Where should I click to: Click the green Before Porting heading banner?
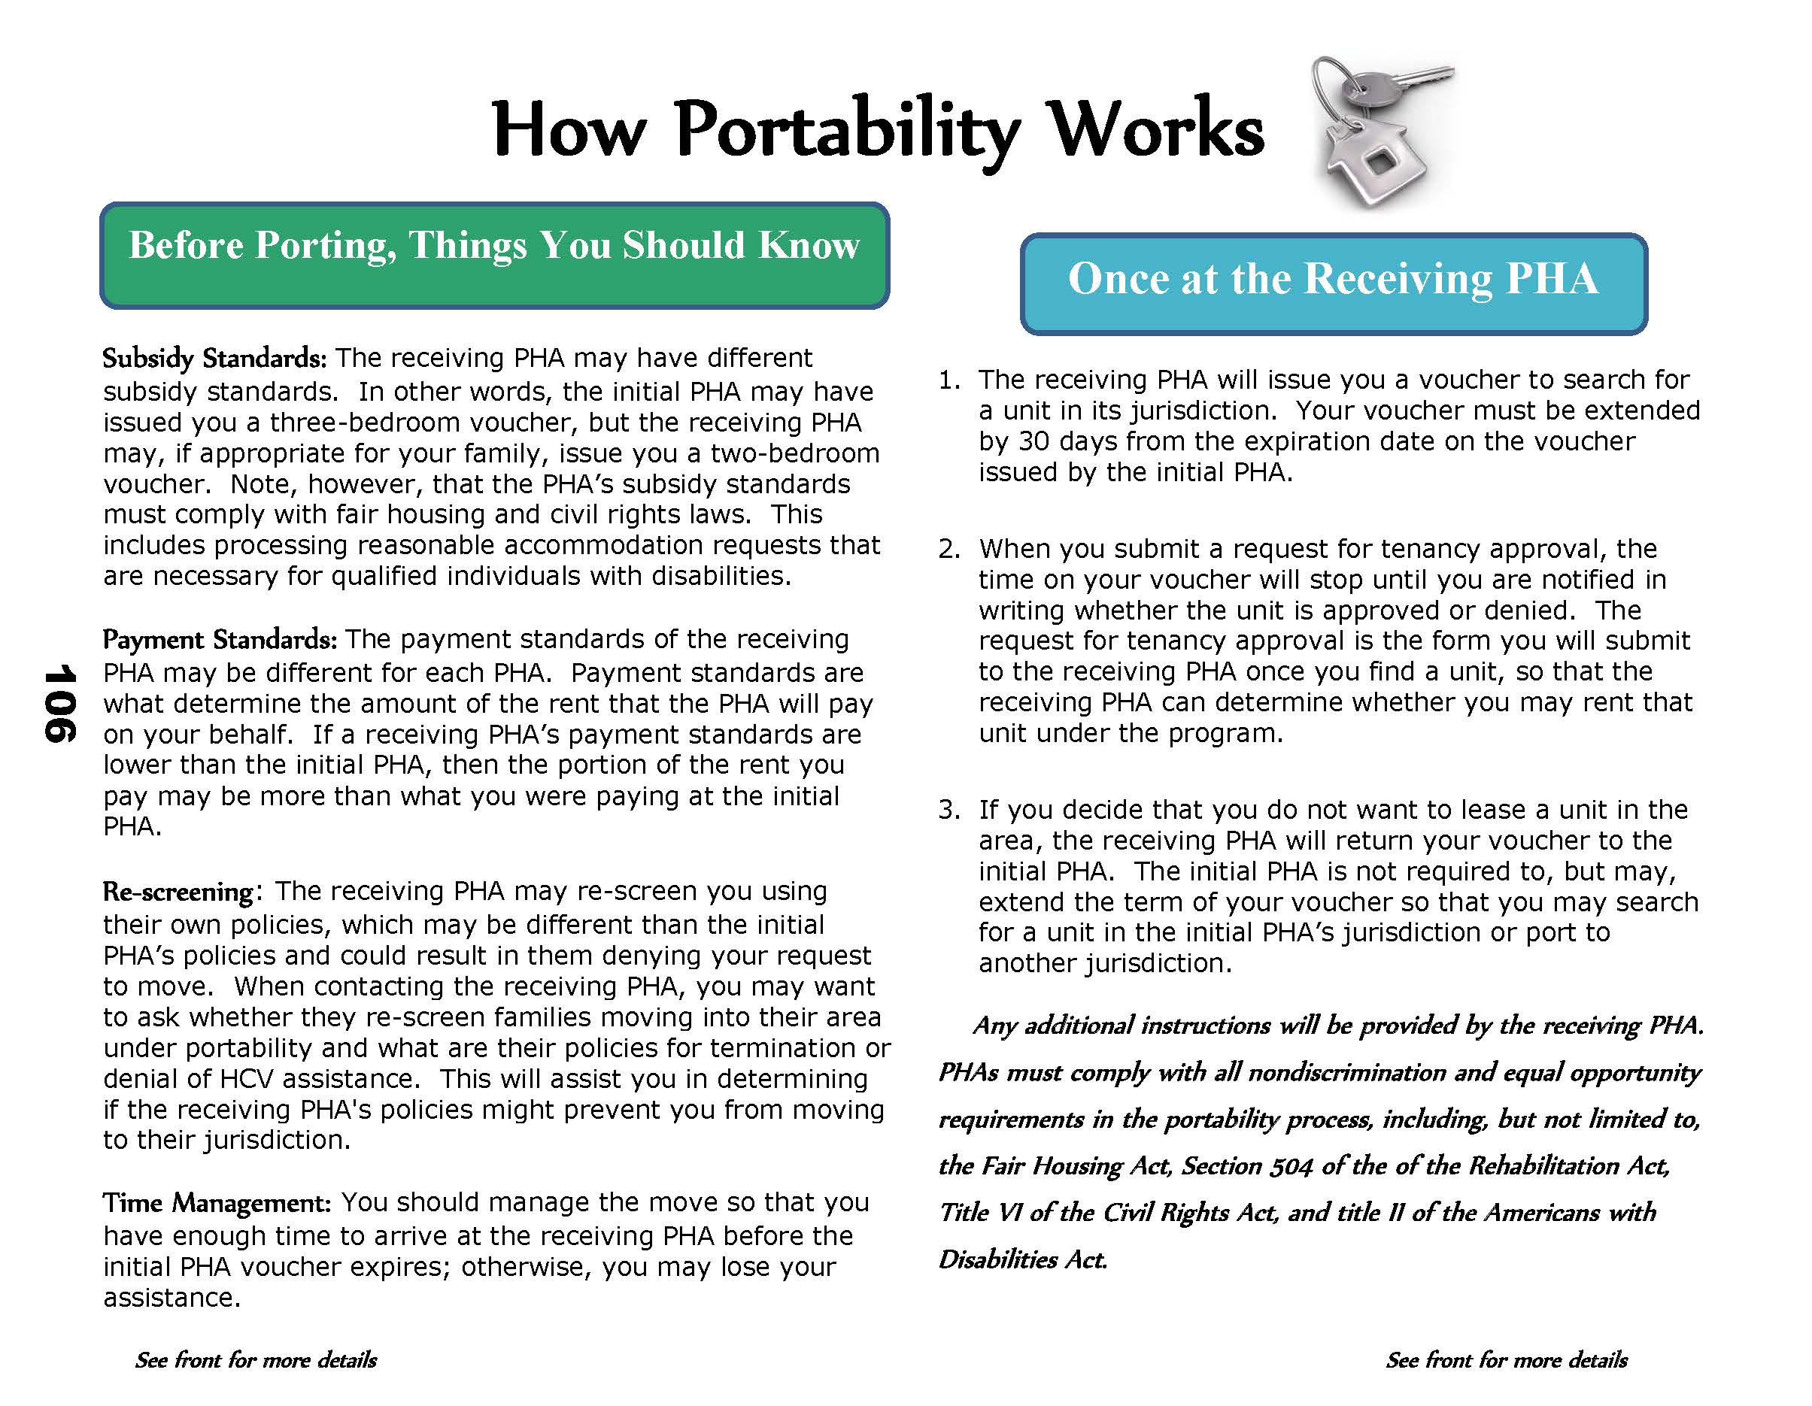pos(494,256)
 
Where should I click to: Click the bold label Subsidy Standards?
pos(214,359)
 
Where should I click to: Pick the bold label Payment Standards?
pos(219,640)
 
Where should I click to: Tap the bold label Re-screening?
pos(178,892)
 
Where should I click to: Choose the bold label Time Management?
pos(217,1203)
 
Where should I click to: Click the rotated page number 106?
pos(59,702)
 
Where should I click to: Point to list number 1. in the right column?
pos(948,380)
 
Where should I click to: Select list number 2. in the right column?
pos(948,549)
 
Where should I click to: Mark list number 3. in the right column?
pos(948,811)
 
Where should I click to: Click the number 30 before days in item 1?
pos(1033,441)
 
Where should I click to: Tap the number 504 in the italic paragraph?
pos(1291,1166)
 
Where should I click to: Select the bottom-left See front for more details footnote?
pos(256,1360)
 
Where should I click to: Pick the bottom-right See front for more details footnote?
pos(1506,1360)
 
